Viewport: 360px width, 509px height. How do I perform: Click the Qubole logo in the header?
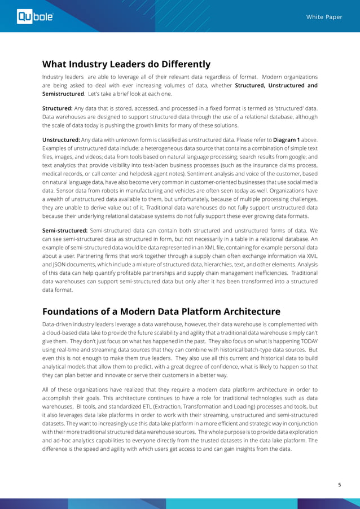coord(35,17)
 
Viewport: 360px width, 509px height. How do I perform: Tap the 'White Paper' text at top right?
coord(324,17)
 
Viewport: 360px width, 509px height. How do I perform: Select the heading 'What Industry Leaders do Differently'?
coord(126,64)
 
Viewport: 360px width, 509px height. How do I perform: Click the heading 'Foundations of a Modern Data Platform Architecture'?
coord(161,311)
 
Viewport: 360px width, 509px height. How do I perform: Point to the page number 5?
coord(340,484)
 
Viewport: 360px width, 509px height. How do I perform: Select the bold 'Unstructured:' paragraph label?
coord(62,139)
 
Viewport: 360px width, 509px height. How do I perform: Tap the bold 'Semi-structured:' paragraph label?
coord(65,230)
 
